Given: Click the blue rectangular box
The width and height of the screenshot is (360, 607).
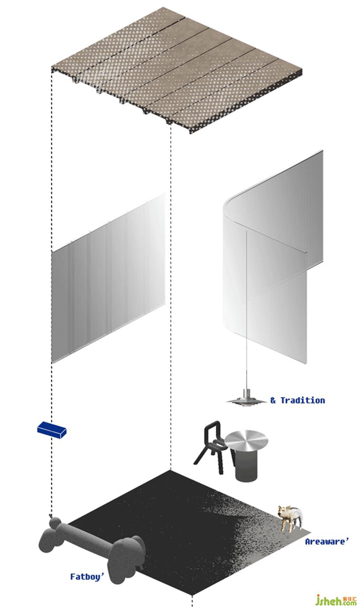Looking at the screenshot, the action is click(51, 430).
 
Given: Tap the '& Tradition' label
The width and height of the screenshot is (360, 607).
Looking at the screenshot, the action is click(298, 400).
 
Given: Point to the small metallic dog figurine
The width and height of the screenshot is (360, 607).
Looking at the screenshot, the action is click(290, 518).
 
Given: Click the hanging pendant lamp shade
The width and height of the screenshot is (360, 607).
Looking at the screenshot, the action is click(246, 400).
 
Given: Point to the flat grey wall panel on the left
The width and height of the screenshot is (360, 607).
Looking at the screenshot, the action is click(108, 278).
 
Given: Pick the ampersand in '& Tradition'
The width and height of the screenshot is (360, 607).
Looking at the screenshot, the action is click(273, 400).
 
